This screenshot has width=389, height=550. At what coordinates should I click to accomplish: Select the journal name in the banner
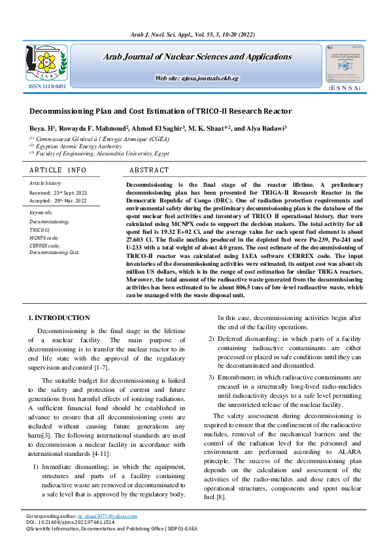coord(197,57)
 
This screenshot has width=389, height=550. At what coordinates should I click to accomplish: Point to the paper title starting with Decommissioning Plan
coord(160,111)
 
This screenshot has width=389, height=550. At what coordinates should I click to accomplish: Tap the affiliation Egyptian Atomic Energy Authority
coord(78,146)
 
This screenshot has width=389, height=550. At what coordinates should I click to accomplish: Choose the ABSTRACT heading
coord(149,170)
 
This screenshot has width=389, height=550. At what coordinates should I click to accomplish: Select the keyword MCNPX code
coord(44,238)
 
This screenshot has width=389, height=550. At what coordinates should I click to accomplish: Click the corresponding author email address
coord(109,517)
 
